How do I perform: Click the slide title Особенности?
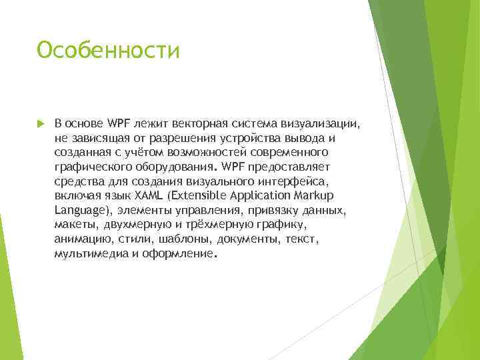pos(108,51)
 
